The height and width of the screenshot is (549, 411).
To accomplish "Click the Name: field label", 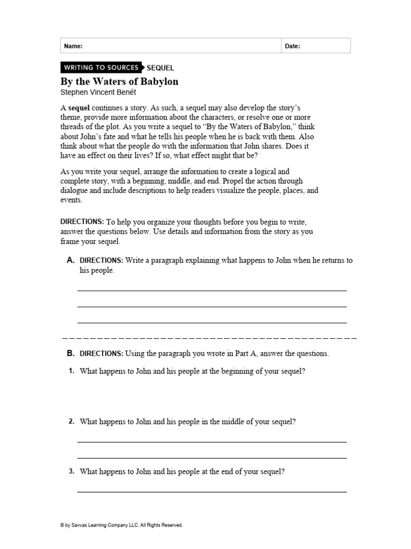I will [x=73, y=46].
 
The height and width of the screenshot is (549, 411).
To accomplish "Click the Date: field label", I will [x=292, y=46].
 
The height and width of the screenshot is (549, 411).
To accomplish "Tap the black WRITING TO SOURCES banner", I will [x=101, y=68].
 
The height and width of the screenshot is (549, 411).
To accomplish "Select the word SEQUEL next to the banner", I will [x=160, y=68].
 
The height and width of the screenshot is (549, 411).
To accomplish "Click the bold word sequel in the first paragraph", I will [x=79, y=108].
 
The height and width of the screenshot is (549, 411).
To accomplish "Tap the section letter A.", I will [x=70, y=260].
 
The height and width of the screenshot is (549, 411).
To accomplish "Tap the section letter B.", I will [x=70, y=353].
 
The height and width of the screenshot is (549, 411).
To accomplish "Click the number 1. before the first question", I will [x=71, y=371].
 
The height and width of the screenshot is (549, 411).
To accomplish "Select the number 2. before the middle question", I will [x=71, y=421].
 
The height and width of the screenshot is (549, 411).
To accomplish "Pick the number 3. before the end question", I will [x=71, y=472].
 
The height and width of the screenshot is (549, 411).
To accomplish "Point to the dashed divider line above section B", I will [x=210, y=339].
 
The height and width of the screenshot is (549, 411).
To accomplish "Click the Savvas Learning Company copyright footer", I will [x=121, y=525].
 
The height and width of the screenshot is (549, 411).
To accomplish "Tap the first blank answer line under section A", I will [x=212, y=290].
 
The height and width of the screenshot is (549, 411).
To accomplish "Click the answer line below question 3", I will [x=212, y=491].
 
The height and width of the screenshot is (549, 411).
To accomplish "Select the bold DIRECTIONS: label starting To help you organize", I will [x=82, y=221].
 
